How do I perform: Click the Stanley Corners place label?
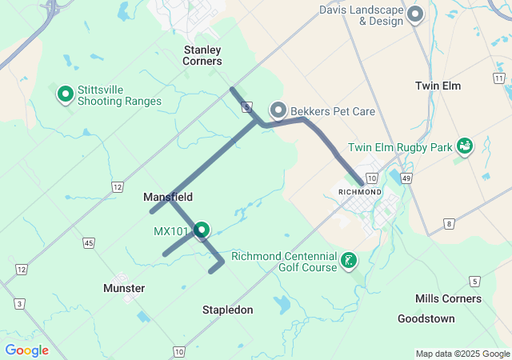(x=202, y=55)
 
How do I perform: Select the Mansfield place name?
(x=168, y=197)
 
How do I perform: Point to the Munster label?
(x=124, y=288)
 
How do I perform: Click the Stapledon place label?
(x=227, y=310)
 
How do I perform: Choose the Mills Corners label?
(x=448, y=298)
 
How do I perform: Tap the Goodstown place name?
(x=426, y=318)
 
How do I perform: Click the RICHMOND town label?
(x=360, y=192)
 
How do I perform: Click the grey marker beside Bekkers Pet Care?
(x=278, y=110)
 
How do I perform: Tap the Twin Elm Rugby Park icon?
(x=463, y=146)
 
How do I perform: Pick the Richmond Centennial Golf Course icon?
(x=348, y=259)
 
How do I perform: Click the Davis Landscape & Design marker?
(x=415, y=14)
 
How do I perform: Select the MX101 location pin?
(x=202, y=230)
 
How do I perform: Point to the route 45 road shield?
(x=88, y=242)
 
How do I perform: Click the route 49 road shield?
(x=406, y=178)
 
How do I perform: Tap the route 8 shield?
(x=450, y=223)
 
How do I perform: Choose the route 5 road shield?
(x=475, y=281)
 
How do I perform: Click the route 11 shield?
(x=499, y=78)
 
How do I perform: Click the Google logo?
(x=26, y=350)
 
